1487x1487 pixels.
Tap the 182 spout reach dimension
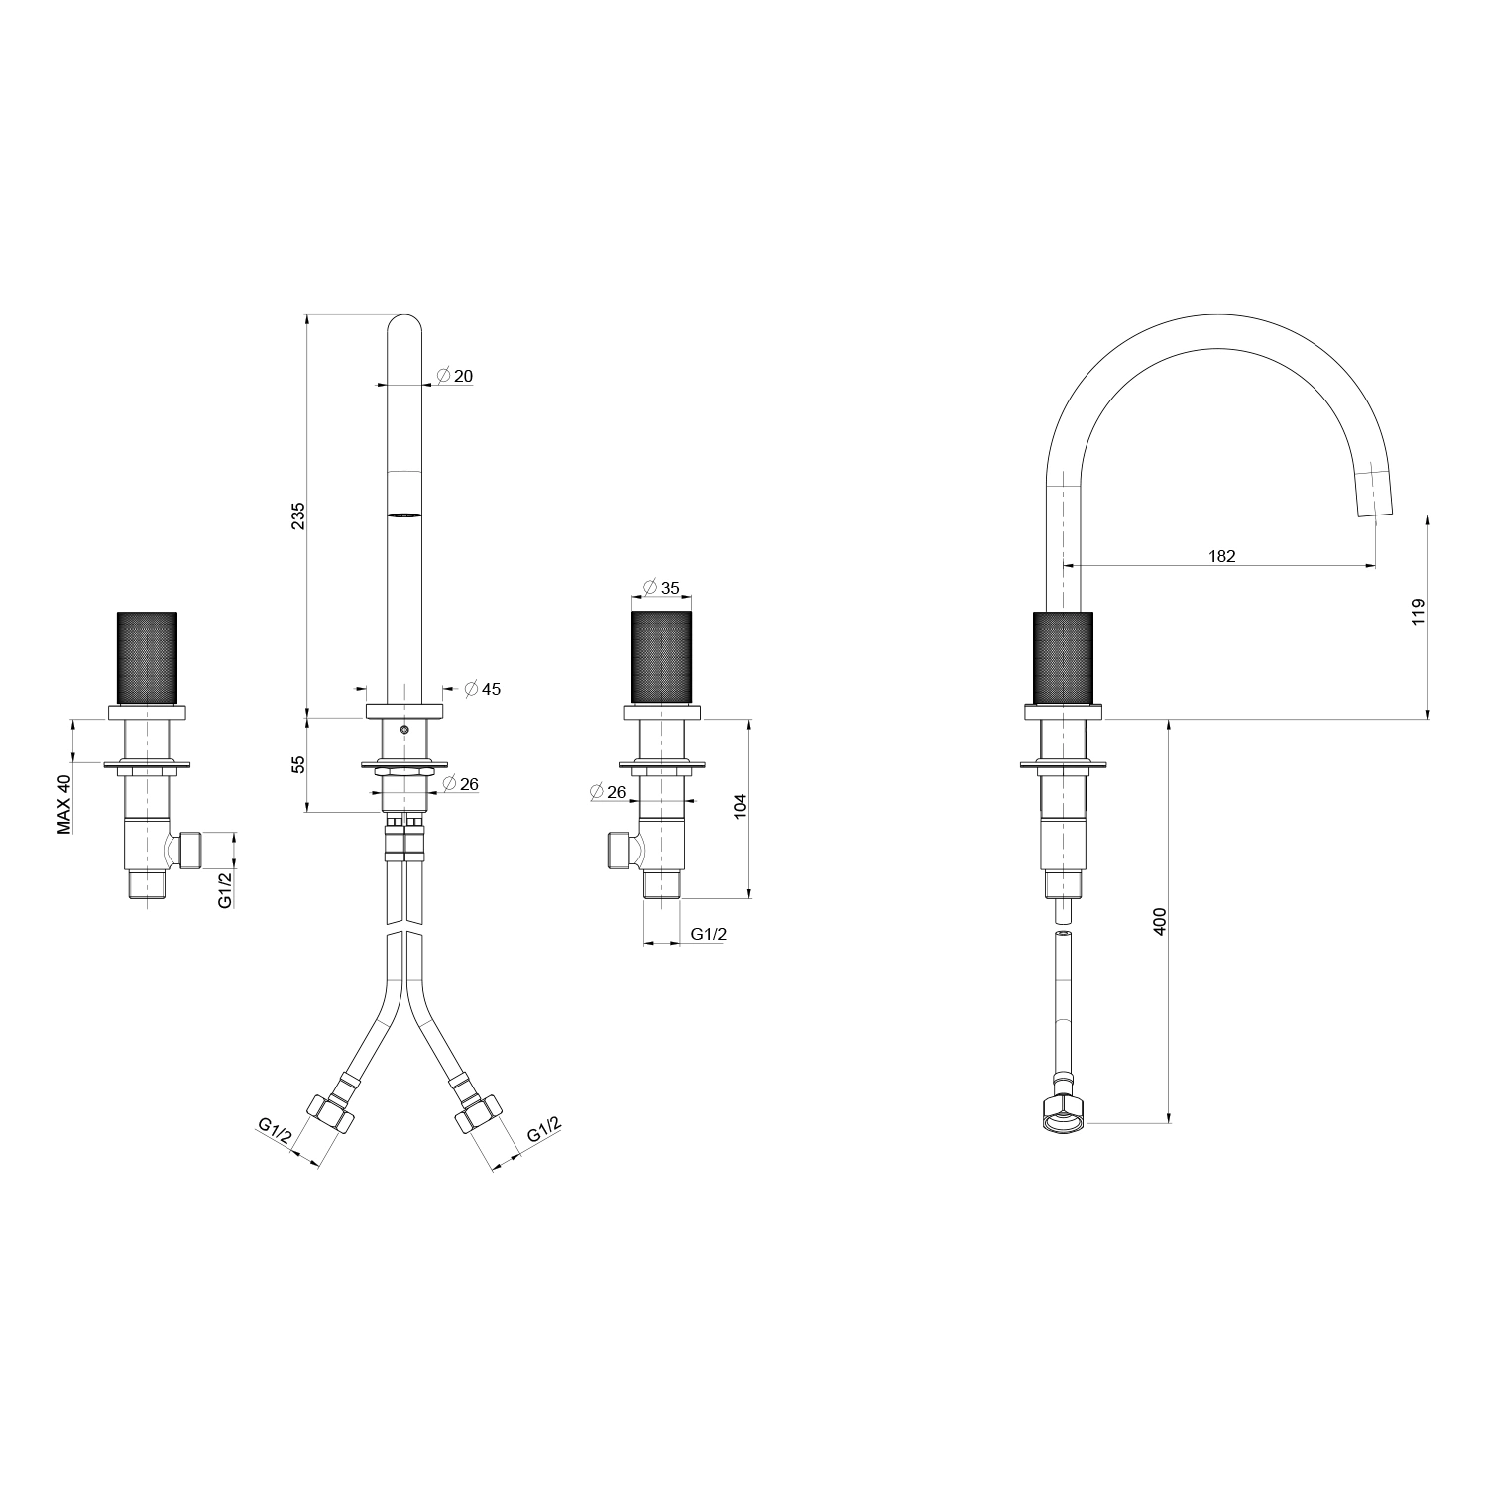1222,556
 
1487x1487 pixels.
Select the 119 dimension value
1418,611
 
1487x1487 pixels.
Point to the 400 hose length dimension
1161,922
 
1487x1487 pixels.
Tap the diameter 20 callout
455,376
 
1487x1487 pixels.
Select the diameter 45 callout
483,688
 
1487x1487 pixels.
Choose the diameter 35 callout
661,588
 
